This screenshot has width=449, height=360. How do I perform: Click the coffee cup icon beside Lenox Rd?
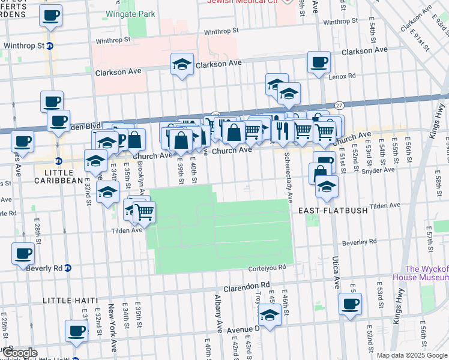click(318, 62)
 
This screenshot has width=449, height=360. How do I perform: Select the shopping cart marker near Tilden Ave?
click(144, 211)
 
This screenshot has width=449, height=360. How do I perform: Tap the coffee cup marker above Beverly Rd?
click(23, 253)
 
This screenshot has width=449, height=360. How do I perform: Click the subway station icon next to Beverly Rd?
click(68, 267)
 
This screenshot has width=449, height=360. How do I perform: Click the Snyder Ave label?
click(381, 170)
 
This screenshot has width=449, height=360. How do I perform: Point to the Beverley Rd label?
click(359, 242)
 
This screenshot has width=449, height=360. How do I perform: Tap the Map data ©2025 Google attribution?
click(411, 355)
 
